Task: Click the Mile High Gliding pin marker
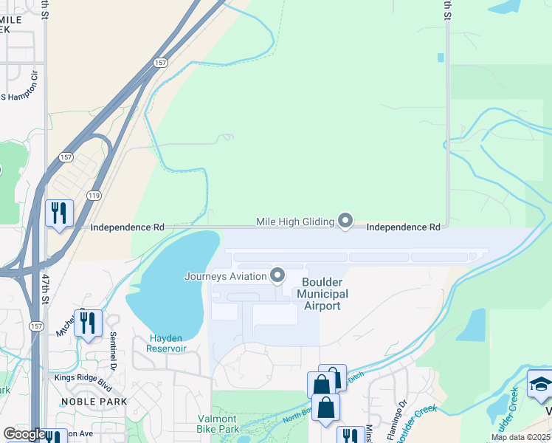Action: coord(345,221)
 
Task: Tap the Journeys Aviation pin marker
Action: coord(277,276)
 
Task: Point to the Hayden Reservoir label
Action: coord(165,343)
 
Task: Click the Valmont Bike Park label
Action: coord(218,424)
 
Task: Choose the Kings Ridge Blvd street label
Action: coord(83,377)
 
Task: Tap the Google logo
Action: coord(24,434)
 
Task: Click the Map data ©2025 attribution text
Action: coord(520,437)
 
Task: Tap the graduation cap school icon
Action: coord(540,385)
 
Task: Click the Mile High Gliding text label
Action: coord(294,221)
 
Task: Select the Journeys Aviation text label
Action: coord(224,277)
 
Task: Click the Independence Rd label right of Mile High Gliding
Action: coord(404,227)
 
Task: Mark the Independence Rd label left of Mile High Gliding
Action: coord(127,228)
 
